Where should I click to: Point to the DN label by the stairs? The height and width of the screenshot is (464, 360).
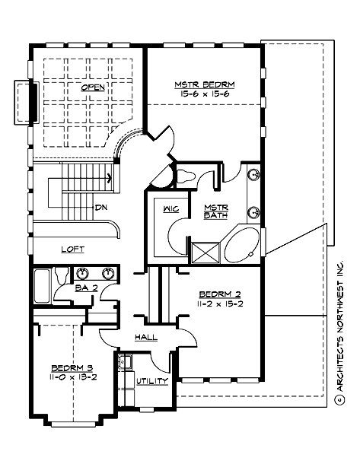point(100,208)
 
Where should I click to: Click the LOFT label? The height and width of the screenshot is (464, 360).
point(73,249)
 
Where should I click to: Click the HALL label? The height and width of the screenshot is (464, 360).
point(146,337)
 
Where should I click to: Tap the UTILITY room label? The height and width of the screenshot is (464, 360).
point(153,380)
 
